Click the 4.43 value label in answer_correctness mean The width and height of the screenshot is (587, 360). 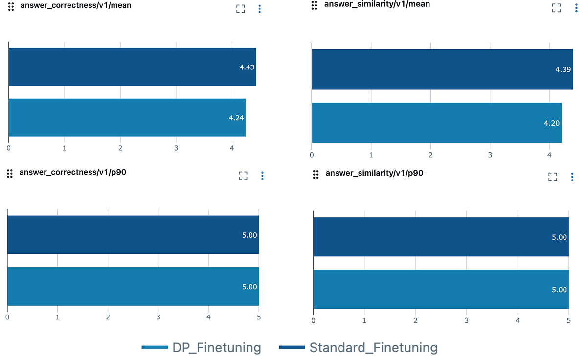click(x=247, y=67)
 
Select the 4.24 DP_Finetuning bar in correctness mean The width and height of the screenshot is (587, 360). click(x=127, y=117)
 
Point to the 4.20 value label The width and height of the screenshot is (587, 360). click(x=552, y=123)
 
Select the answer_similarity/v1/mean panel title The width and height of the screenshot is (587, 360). click(x=371, y=4)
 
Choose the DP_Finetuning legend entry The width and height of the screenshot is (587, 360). click(x=202, y=348)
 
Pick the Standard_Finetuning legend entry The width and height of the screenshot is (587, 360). click(x=358, y=348)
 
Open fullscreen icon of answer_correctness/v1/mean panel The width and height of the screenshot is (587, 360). click(x=240, y=9)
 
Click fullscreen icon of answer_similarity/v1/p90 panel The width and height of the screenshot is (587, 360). click(x=553, y=177)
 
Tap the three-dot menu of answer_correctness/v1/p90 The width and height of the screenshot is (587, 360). click(x=262, y=176)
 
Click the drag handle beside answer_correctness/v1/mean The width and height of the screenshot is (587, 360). click(x=11, y=7)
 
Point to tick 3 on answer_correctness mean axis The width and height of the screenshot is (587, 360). click(x=176, y=147)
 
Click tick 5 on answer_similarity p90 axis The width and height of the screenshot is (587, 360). click(x=568, y=320)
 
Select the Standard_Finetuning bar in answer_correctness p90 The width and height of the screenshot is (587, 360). click(x=133, y=235)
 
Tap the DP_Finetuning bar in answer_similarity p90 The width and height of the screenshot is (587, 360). click(x=441, y=289)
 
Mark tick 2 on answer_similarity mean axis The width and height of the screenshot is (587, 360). click(x=430, y=155)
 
